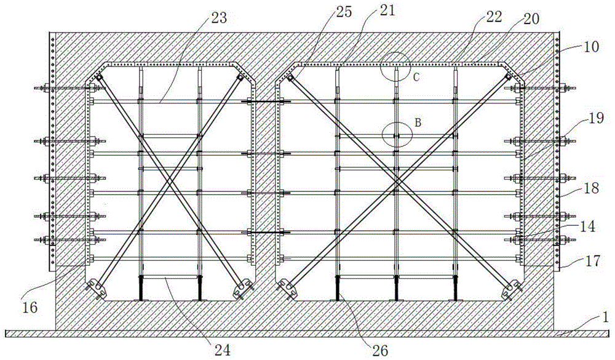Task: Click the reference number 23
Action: (x=219, y=18)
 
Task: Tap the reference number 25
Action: (x=344, y=12)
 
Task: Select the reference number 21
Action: (x=386, y=10)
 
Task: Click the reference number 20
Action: (x=531, y=18)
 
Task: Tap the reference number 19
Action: (x=596, y=118)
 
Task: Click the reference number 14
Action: (x=587, y=226)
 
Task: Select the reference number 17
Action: (x=592, y=261)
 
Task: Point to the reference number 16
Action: (x=30, y=308)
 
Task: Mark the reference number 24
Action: (x=221, y=350)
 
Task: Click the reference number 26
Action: (x=379, y=350)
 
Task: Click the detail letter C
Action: (x=416, y=78)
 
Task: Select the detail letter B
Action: (x=418, y=123)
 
